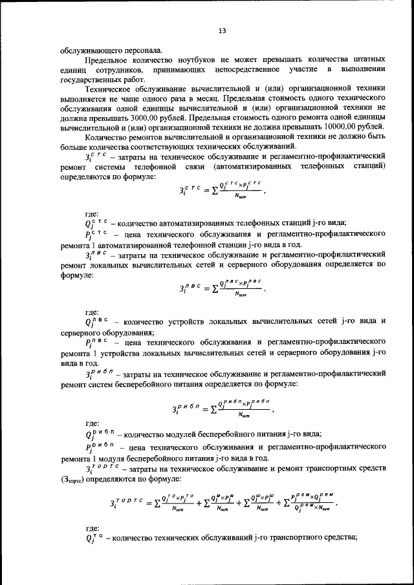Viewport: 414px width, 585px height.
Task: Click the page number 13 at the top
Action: tap(221, 30)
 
